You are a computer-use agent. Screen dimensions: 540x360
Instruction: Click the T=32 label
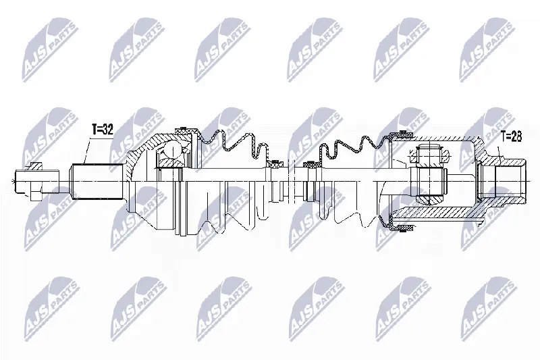[x=103, y=130]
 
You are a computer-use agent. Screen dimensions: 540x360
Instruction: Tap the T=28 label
[x=511, y=136]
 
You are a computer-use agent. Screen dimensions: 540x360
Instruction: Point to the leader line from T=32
[x=87, y=151]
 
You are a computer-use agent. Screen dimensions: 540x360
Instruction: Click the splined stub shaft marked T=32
[x=97, y=182]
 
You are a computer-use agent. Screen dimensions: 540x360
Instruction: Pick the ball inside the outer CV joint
[x=172, y=150]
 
